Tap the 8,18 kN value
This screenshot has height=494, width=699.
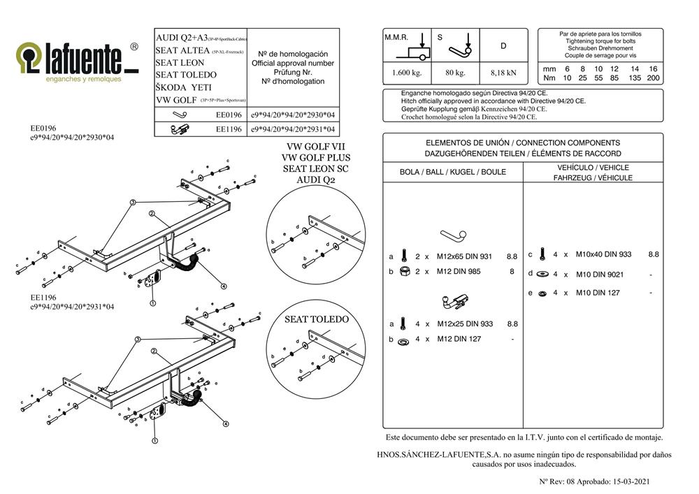pyautogui.click(x=503, y=72)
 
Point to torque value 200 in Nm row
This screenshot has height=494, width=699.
pyautogui.click(x=653, y=78)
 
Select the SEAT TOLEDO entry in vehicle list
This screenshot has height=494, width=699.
pyautogui.click(x=186, y=75)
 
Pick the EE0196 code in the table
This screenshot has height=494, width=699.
pyautogui.click(x=229, y=114)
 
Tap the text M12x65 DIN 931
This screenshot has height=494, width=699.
pyautogui.click(x=464, y=256)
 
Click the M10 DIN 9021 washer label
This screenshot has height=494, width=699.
pyautogui.click(x=600, y=274)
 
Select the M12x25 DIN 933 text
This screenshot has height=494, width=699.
pyautogui.click(x=464, y=324)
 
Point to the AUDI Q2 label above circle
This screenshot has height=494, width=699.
pyautogui.click(x=315, y=180)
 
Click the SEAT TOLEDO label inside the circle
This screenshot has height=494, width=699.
pyautogui.click(x=316, y=319)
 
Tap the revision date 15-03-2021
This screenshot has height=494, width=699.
pyautogui.click(x=633, y=481)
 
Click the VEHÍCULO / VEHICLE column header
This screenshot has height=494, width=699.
pyautogui.click(x=593, y=168)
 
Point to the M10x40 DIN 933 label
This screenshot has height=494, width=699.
pyautogui.click(x=604, y=254)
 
